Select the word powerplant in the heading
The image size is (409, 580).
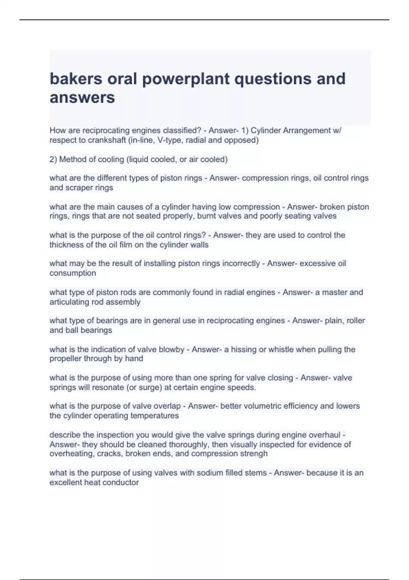(x=185, y=79)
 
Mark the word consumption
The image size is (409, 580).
(x=73, y=273)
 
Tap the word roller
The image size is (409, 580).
(x=355, y=321)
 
